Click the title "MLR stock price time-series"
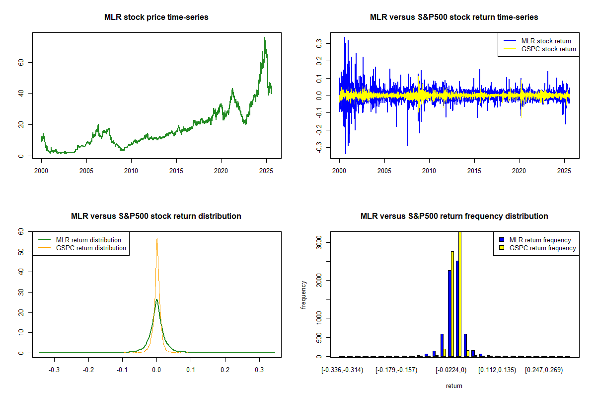pos(156,17)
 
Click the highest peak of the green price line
pos(265,37)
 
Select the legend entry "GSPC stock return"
pos(548,49)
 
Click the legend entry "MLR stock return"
pos(546,41)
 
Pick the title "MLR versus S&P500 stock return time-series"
pos(454,17)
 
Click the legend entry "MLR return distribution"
pos(88,240)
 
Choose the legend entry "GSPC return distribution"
pos(91,248)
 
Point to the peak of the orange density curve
pos(157,239)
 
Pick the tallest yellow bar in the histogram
pos(459,294)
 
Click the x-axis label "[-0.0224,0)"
pos(451,371)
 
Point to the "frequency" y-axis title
pos(304,295)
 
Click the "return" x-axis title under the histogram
pos(454,386)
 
